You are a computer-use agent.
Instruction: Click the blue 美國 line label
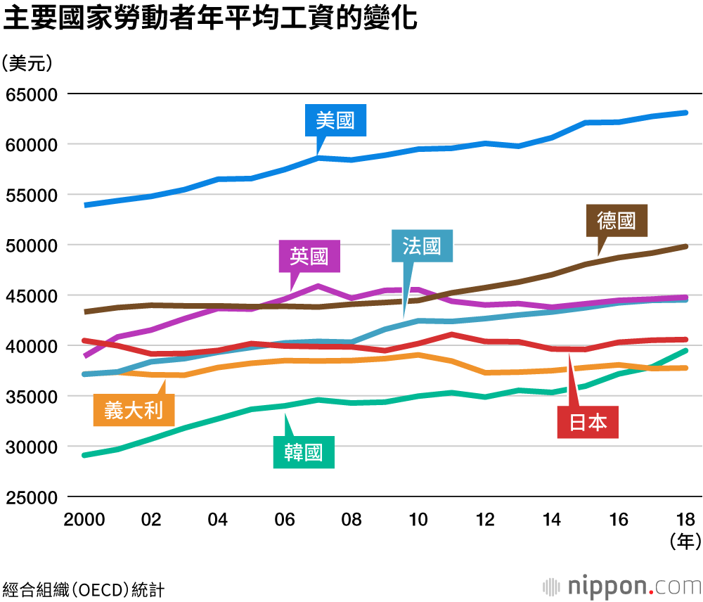[x=335, y=121]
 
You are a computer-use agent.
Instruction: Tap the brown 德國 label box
[x=617, y=221]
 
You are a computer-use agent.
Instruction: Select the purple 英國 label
[x=309, y=256]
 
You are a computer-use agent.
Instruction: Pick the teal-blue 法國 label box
[x=422, y=246]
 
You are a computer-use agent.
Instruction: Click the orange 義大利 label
[x=134, y=410]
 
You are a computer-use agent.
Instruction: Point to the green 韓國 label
[x=304, y=452]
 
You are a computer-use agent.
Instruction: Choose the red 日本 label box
[x=588, y=422]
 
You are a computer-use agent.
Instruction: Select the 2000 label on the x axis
[x=84, y=520]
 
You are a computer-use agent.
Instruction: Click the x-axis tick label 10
[x=418, y=520]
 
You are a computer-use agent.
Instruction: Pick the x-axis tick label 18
[x=685, y=520]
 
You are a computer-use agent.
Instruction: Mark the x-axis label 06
[x=285, y=520]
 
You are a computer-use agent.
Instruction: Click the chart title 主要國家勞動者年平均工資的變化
[x=211, y=19]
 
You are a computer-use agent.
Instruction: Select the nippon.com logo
[x=622, y=585]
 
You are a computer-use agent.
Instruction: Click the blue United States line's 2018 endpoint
[x=685, y=113]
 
